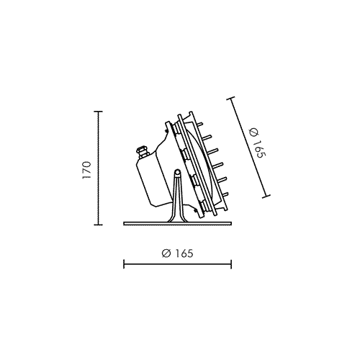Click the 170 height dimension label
tap(86, 170)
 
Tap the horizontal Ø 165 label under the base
tap(177, 253)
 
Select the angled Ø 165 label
tap(257, 143)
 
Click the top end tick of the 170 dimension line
tap(98, 112)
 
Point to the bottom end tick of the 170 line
tap(98, 225)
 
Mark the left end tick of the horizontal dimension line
tap(124, 264)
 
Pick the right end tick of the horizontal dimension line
tap(231, 264)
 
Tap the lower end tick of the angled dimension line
tap(266, 197)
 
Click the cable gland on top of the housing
tap(142, 153)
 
